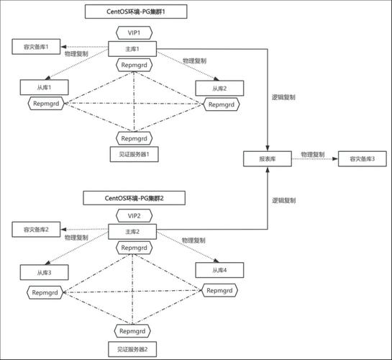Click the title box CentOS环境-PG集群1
136,12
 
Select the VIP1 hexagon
135,33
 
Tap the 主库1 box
132,49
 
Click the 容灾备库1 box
36,47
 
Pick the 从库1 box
45,87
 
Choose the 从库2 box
219,88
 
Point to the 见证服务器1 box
134,154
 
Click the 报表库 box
268,158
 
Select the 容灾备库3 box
363,158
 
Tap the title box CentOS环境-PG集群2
135,198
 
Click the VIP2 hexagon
135,216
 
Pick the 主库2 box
132,232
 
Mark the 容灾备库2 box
36,230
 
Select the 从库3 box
45,272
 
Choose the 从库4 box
219,270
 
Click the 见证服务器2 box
132,349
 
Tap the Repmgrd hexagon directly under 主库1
135,65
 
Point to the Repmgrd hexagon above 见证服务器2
132,331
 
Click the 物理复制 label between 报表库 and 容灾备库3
312,154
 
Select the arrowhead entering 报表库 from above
268,148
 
